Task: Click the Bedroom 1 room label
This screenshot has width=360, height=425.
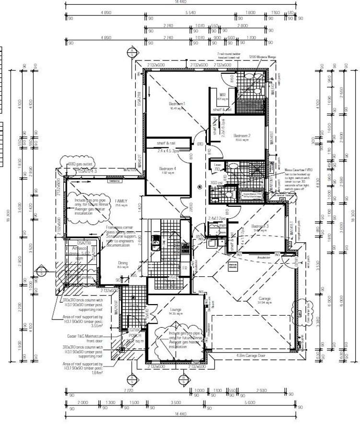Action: tap(177, 104)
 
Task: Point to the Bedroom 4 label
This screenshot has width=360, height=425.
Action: tap(168, 168)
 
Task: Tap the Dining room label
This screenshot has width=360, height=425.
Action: tap(123, 262)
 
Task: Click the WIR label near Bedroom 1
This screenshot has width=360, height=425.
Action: tap(222, 95)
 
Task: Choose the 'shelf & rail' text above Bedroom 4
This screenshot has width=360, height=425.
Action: tap(165, 143)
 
